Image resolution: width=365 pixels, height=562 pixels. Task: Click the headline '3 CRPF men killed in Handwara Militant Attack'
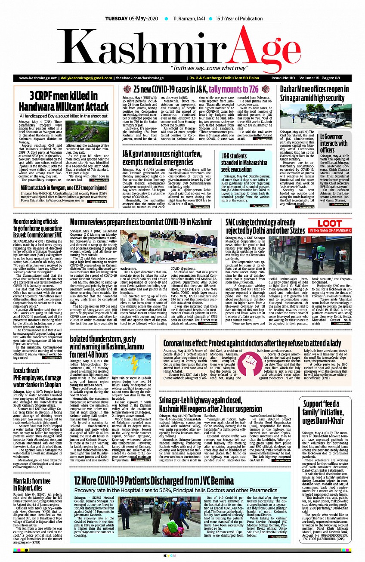(63, 101)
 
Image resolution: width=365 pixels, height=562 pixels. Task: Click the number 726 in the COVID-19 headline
(250, 90)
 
